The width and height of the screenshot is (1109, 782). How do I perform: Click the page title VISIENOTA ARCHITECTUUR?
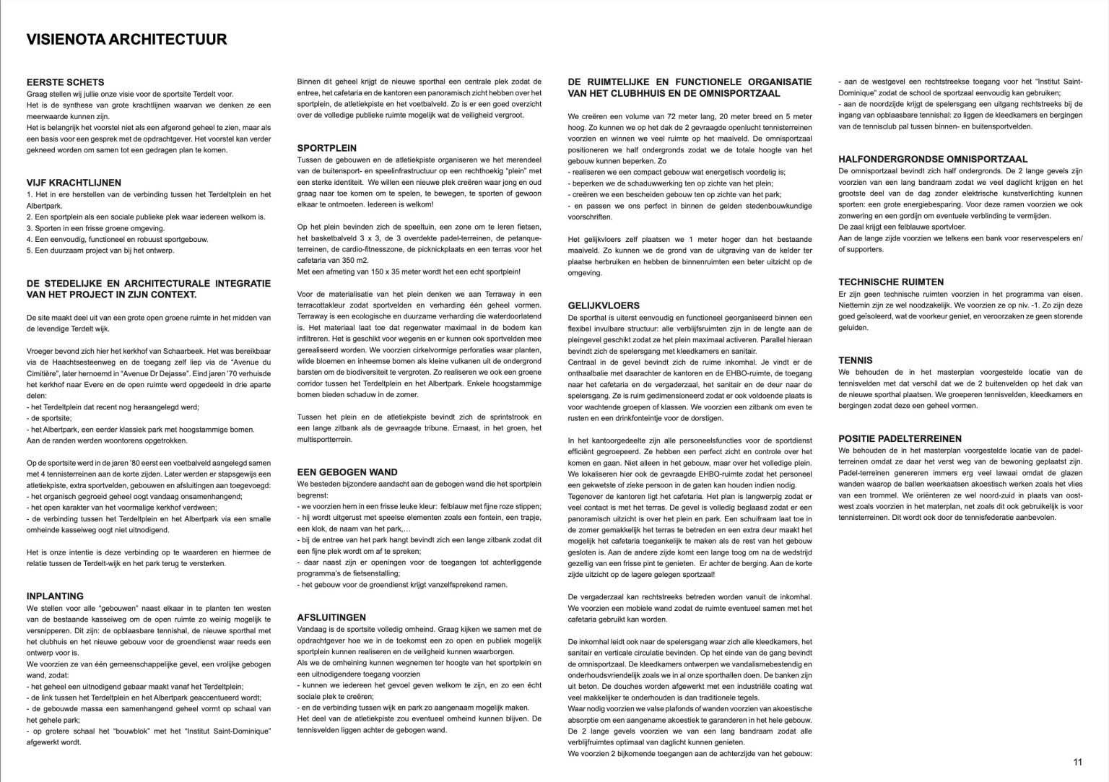(x=126, y=39)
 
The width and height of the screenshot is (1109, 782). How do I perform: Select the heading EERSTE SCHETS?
(x=65, y=82)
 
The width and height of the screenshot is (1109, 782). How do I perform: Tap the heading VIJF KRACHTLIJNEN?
(x=74, y=183)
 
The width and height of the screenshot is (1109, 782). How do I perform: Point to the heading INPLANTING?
(x=55, y=596)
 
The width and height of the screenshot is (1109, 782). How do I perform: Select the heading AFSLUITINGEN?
(x=331, y=617)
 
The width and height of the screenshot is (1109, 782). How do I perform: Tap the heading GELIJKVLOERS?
(x=604, y=305)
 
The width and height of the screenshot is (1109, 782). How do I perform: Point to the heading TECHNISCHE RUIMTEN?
(x=891, y=282)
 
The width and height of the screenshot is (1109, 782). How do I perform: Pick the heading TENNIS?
(x=855, y=360)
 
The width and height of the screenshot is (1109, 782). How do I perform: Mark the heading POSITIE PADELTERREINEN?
(x=900, y=438)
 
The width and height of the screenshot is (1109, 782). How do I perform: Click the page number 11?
(x=1077, y=762)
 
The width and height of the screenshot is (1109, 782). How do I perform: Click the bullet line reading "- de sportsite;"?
(x=49, y=418)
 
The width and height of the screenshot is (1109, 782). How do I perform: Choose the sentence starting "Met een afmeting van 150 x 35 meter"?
(x=408, y=271)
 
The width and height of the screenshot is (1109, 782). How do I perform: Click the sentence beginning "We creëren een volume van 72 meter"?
(x=690, y=116)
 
